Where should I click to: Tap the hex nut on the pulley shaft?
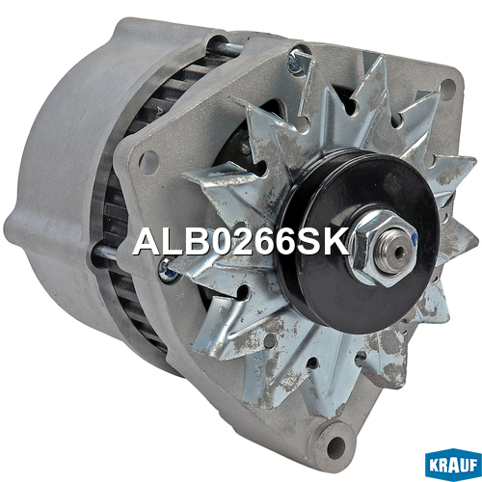[x=383, y=248]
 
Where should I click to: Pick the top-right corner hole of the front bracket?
[x=448, y=86]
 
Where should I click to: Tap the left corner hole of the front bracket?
[x=148, y=160]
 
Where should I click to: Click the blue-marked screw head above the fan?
[x=295, y=61]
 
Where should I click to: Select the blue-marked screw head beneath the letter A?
[x=167, y=268]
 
